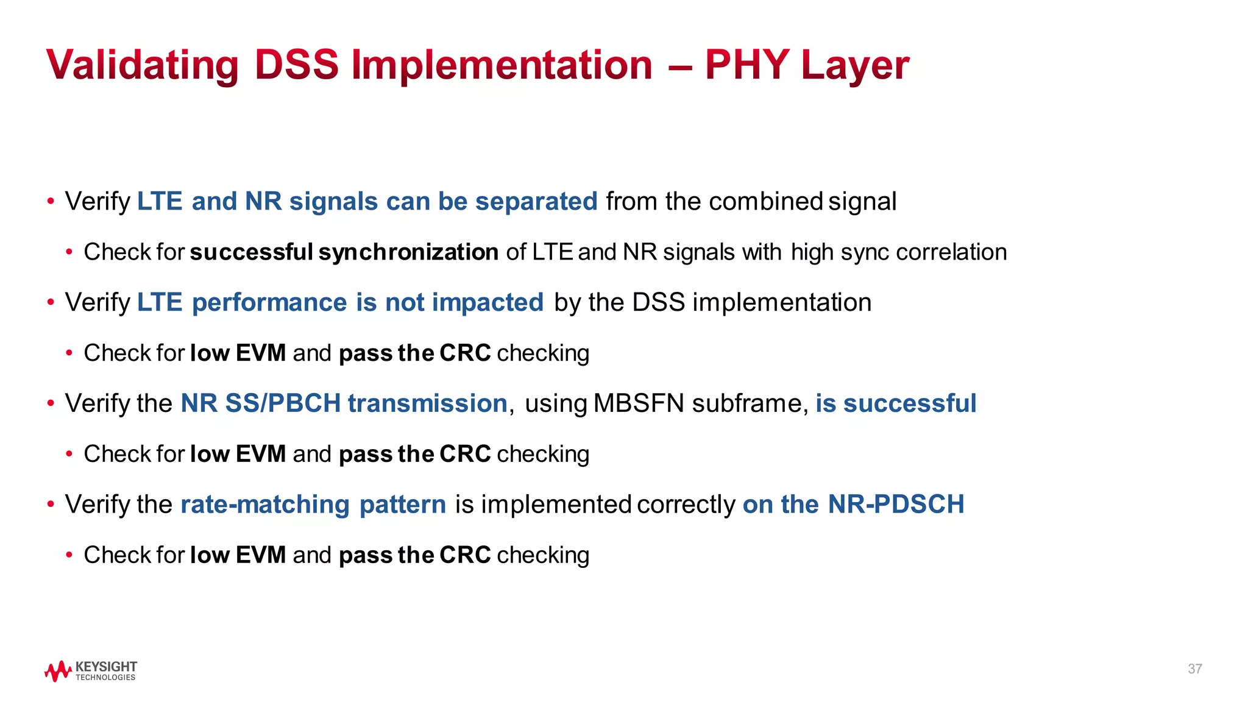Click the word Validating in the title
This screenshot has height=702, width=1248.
(142, 65)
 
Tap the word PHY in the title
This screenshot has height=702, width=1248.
(747, 64)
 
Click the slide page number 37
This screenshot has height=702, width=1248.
(1194, 669)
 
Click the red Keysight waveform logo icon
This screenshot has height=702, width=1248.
(58, 671)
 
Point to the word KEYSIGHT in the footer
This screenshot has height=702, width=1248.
(106, 666)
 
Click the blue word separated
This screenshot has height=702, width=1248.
(536, 201)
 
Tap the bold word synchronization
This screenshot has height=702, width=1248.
(408, 252)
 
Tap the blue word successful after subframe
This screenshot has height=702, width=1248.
(910, 403)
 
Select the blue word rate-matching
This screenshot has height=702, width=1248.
(265, 505)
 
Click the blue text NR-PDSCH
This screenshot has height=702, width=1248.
(896, 504)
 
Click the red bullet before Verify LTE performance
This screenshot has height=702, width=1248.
(51, 302)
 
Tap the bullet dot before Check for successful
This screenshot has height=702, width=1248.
(70, 252)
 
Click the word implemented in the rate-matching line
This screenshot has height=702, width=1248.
(555, 505)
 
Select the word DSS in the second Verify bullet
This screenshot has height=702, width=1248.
(658, 302)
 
